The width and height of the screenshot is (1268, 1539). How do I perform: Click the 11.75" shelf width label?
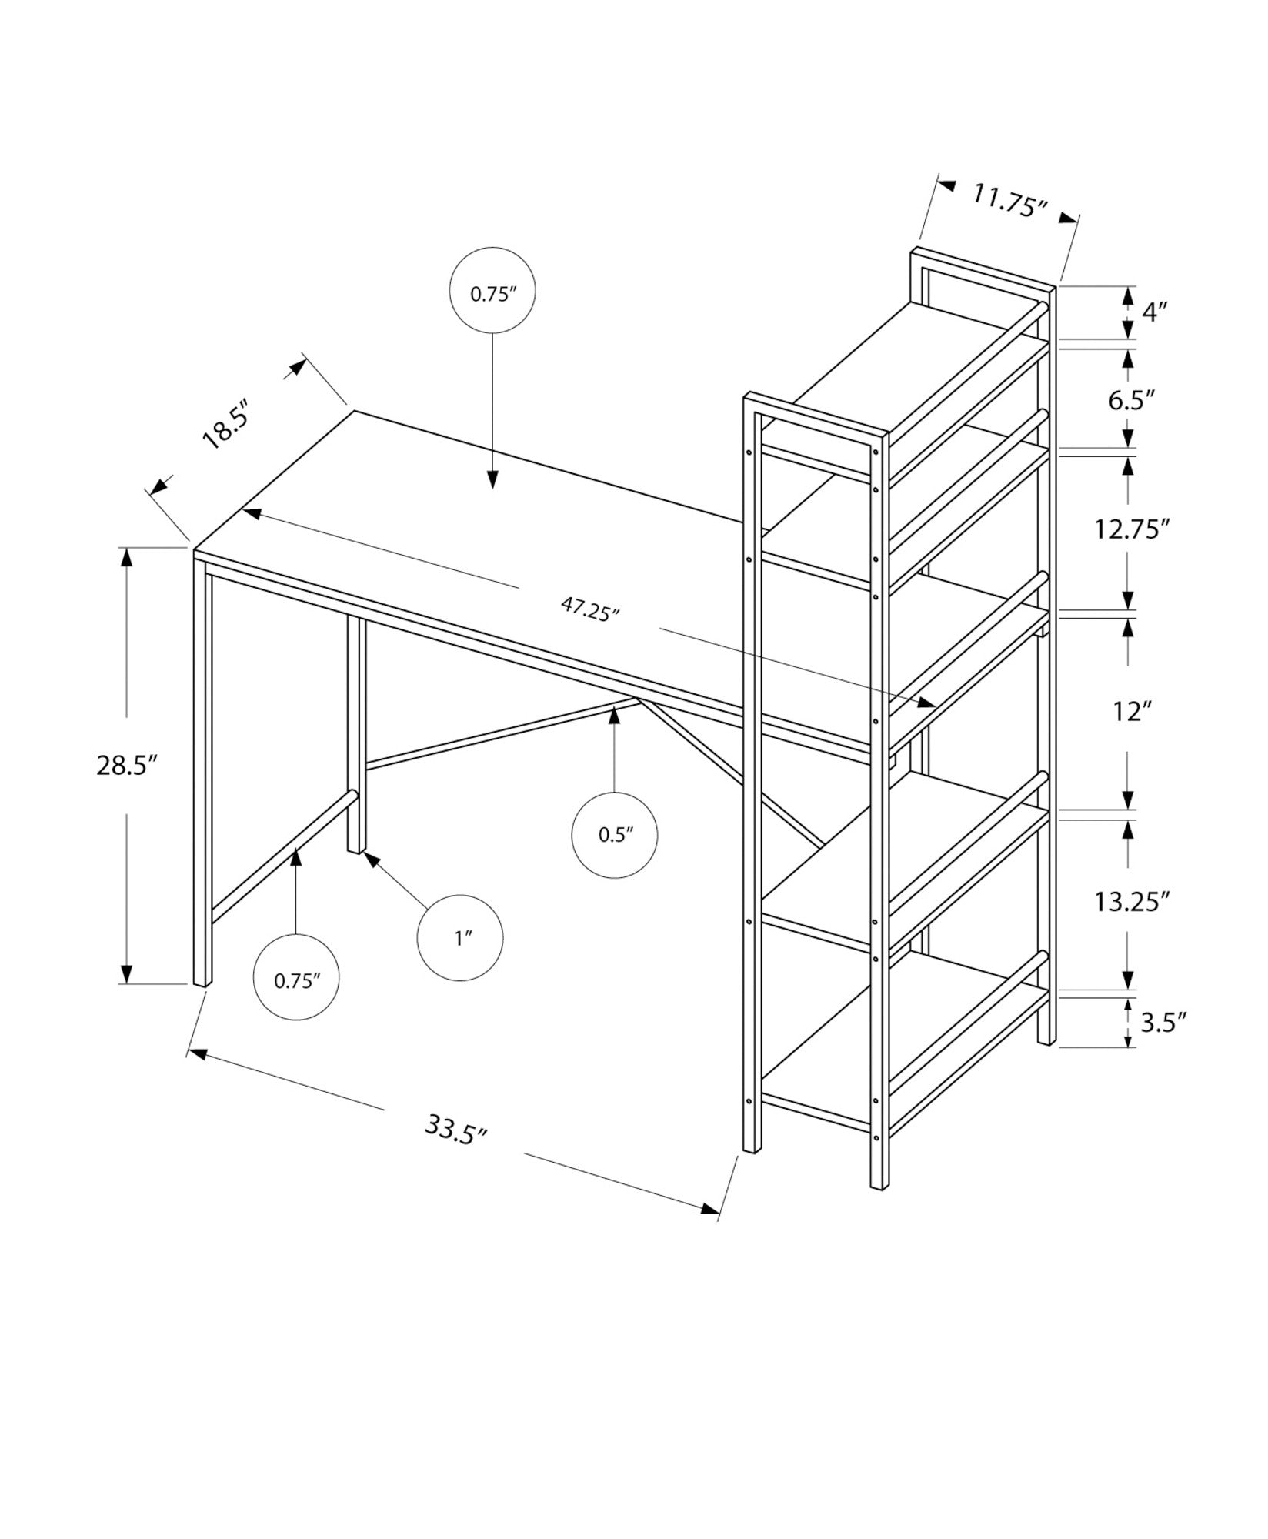tap(1009, 202)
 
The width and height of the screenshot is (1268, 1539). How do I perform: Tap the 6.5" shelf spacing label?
tap(1132, 400)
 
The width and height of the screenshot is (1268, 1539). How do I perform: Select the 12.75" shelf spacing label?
tap(1132, 529)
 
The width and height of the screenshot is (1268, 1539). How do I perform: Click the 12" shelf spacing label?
tap(1130, 712)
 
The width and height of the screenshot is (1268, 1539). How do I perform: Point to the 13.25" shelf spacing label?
tap(1132, 901)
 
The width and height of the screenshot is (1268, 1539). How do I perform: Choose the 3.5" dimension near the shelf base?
tap(1163, 1023)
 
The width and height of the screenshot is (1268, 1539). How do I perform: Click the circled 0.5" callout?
tap(615, 835)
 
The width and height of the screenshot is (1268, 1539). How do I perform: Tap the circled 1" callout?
tap(460, 938)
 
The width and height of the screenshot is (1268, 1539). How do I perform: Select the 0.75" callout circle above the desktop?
tap(492, 291)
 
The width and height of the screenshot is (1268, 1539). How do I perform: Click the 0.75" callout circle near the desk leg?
tap(296, 977)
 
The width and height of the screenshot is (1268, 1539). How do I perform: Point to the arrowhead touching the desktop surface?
tap(492, 480)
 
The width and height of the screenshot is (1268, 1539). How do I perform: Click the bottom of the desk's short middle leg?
tap(355, 849)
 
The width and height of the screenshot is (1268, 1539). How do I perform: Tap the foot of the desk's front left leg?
tap(202, 983)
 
